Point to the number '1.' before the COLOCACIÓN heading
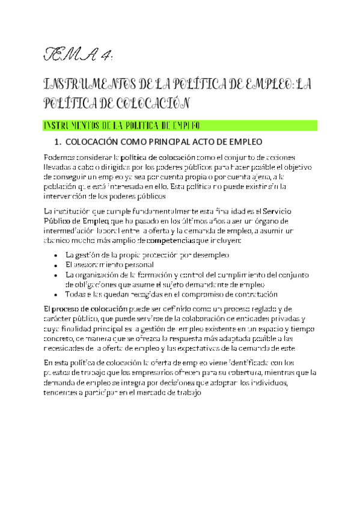[58, 143]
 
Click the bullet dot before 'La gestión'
[55, 256]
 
